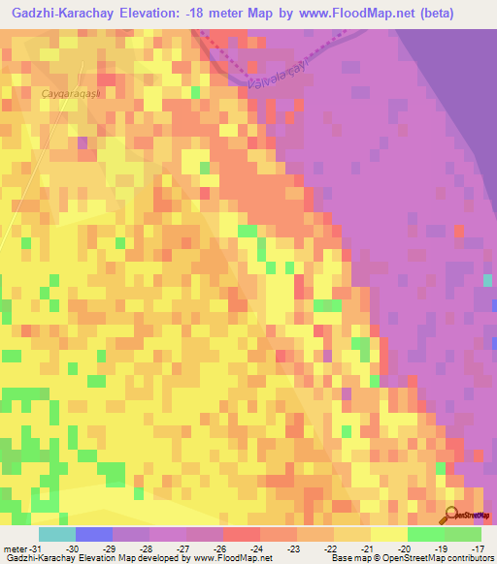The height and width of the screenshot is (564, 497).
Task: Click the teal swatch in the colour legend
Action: pyautogui.click(x=56, y=535)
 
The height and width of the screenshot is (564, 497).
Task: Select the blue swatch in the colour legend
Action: pyautogui.click(x=93, y=535)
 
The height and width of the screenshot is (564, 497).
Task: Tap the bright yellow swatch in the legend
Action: pyautogui.click(x=388, y=535)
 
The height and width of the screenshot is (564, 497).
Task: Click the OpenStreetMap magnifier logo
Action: pyautogui.click(x=453, y=513)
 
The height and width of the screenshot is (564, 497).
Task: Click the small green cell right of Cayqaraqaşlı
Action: pyautogui.click(x=195, y=93)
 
